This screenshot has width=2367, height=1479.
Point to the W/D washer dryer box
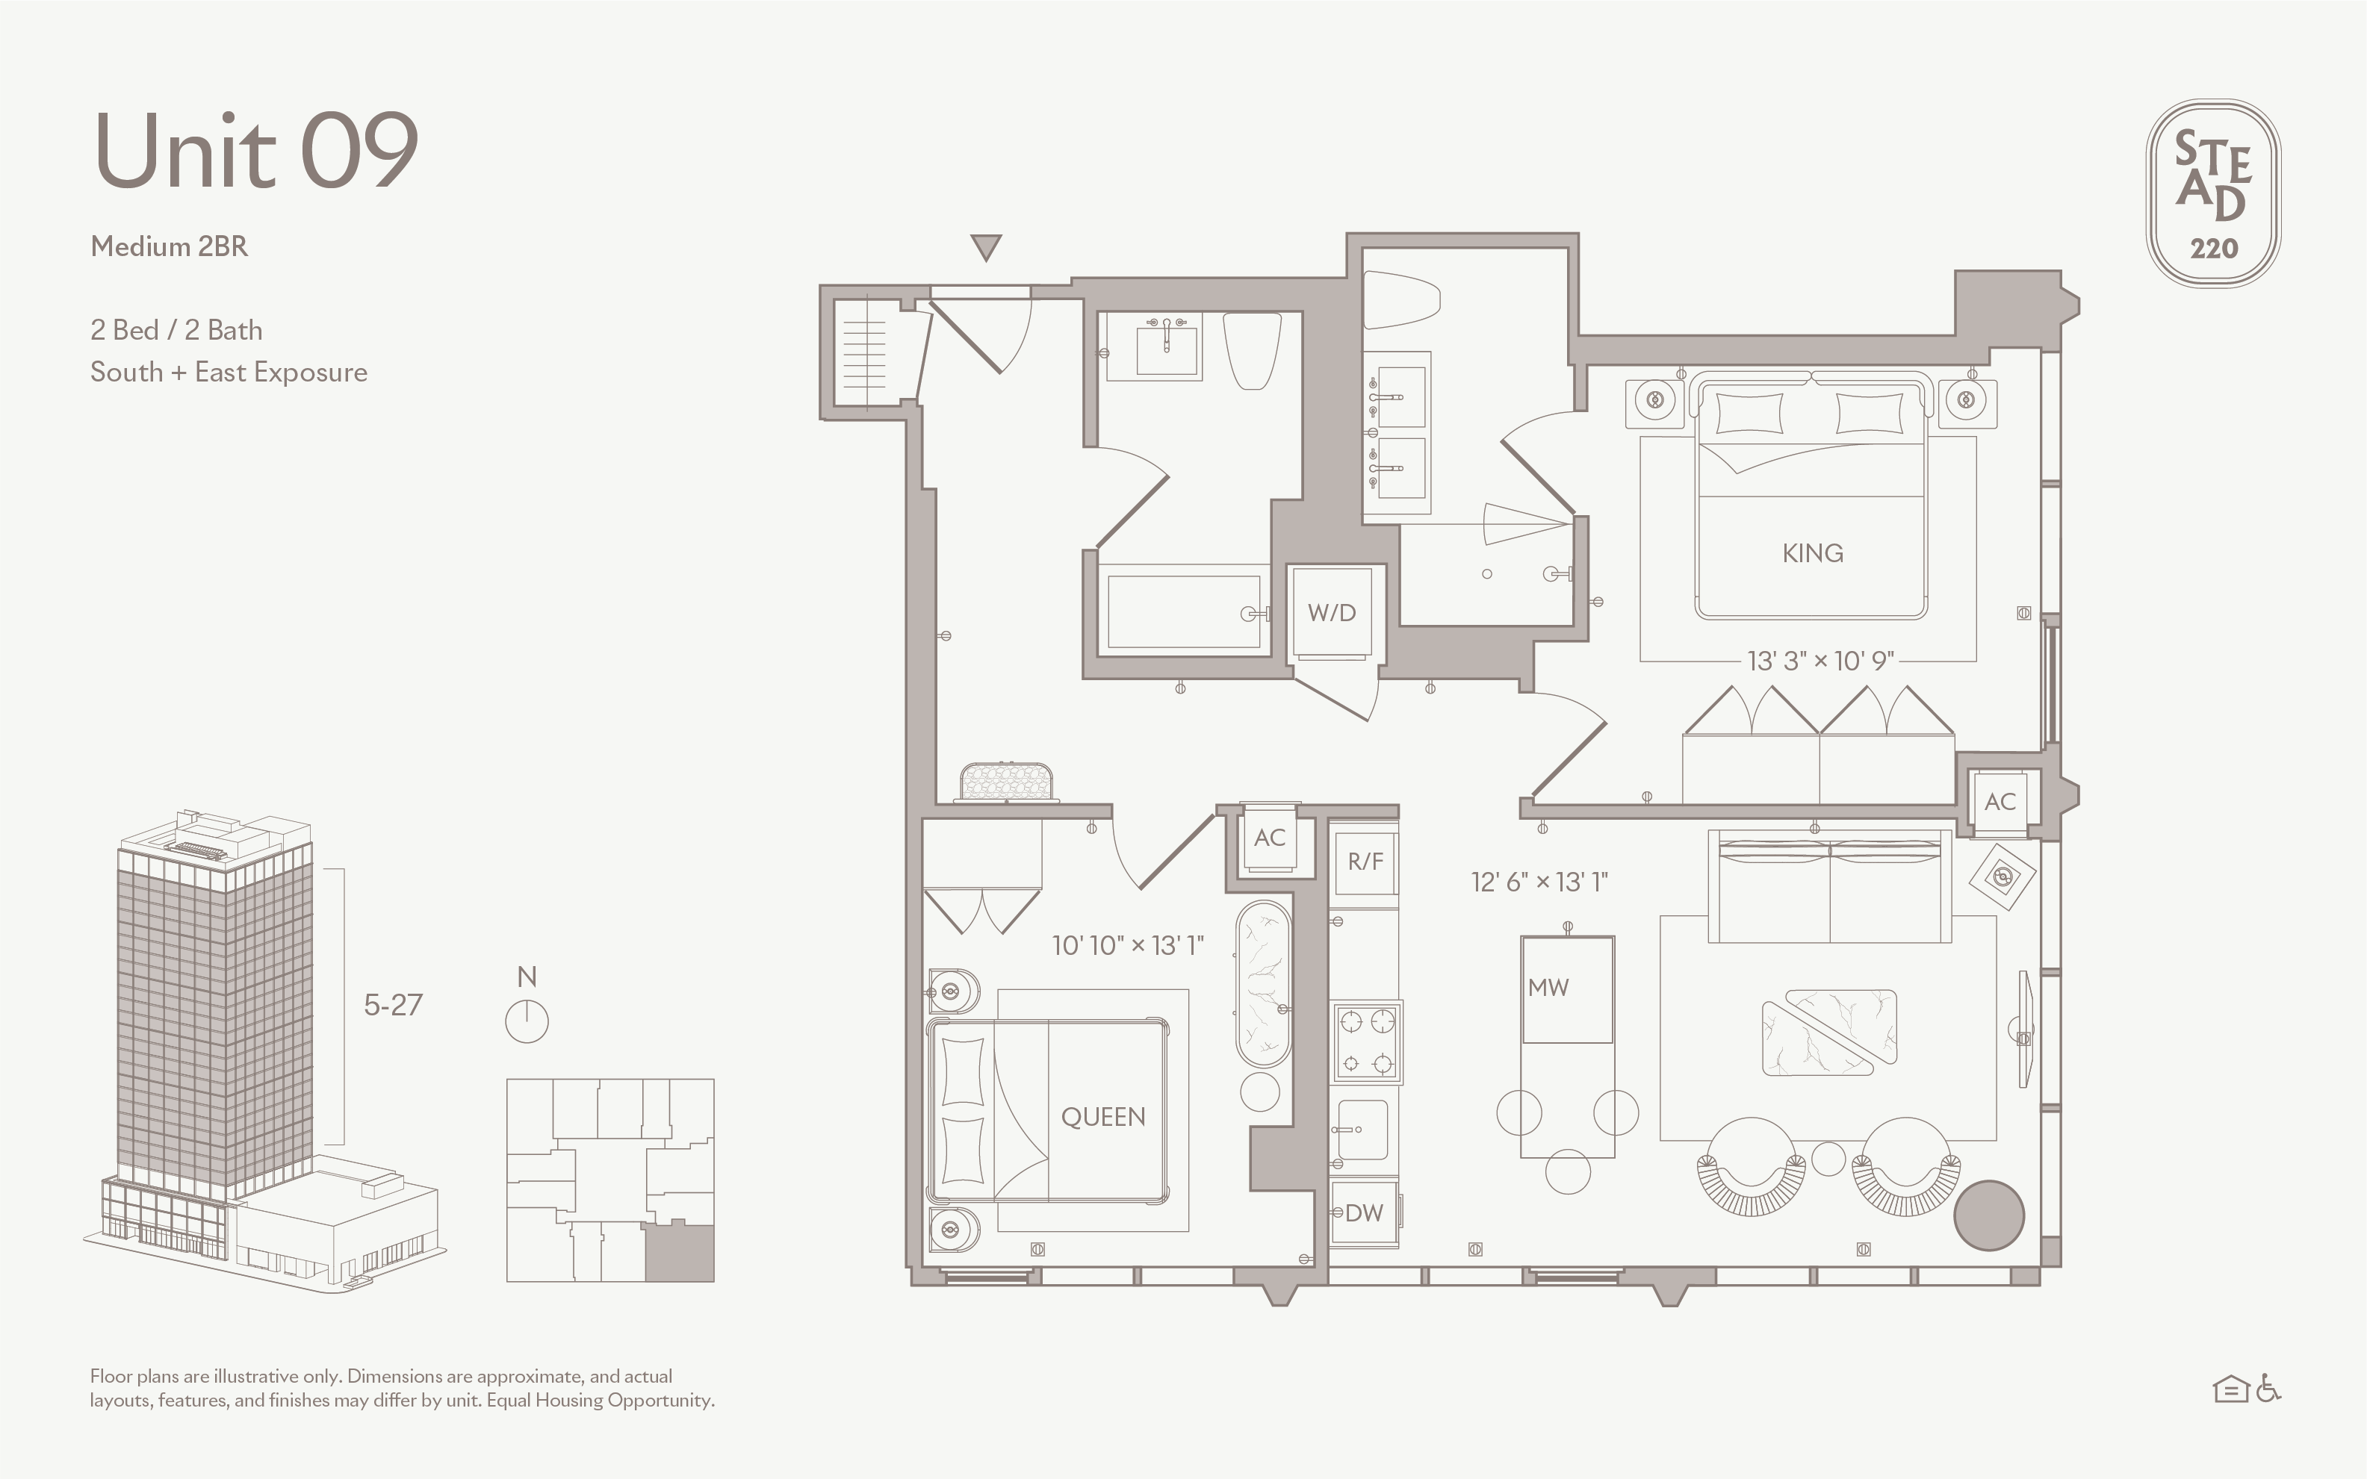(1332, 612)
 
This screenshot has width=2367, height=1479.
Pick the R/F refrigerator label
(1365, 861)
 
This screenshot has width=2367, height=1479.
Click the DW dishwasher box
(1364, 1213)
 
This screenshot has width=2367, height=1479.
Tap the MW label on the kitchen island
(1548, 987)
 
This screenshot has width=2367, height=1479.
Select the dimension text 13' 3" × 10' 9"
(1820, 661)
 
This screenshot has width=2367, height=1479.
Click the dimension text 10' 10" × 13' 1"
(1127, 945)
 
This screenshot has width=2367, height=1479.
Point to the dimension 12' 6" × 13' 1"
(1539, 882)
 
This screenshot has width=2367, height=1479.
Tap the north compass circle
(527, 1021)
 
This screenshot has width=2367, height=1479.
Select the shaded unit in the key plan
(679, 1252)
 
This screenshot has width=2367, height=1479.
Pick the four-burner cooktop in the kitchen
(1365, 1041)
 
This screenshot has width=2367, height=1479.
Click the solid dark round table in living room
(1988, 1215)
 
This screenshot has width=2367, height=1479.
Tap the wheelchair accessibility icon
(2269, 1388)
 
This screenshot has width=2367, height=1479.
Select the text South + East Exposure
(229, 372)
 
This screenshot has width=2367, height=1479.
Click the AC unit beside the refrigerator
(1269, 838)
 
